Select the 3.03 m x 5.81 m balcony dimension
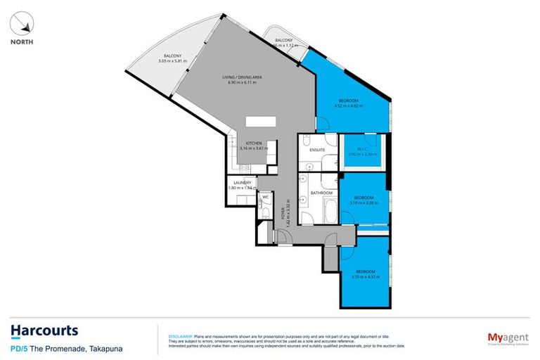click(x=173, y=61)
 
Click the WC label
click(x=265, y=198)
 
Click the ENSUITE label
click(x=316, y=149)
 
